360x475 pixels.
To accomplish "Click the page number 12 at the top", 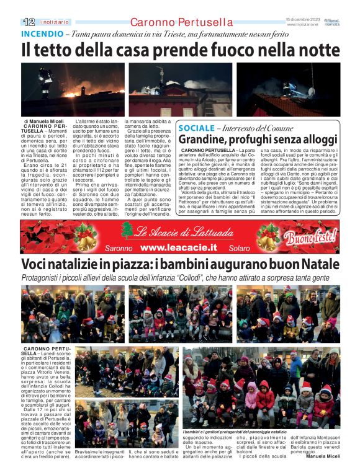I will coord(27,22).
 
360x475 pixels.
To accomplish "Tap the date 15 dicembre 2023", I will coord(303,19).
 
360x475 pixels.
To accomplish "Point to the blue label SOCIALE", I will coord(197,128).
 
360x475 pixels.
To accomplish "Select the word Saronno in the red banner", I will coord(119,247).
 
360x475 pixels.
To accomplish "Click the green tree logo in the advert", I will coord(127,230).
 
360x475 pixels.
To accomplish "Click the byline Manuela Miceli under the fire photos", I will coord(45,121).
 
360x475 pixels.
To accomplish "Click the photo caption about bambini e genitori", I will coord(235,431).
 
